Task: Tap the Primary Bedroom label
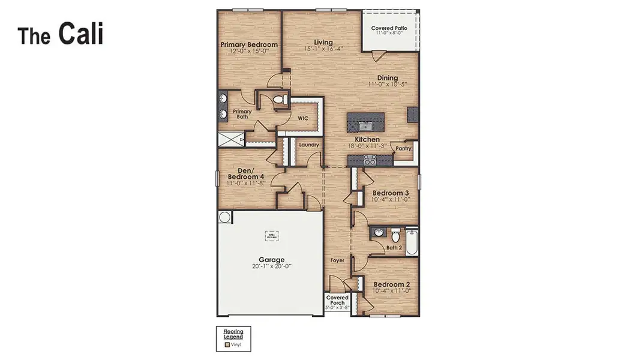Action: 249,45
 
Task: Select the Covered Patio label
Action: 391,28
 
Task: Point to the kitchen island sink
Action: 365,125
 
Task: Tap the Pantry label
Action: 403,148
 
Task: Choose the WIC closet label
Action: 304,118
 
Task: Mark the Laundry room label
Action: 308,145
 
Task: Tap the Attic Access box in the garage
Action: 271,236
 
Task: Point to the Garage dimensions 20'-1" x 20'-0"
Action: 271,266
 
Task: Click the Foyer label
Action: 338,260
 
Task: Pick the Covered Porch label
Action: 337,300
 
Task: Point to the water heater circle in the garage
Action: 225,217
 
